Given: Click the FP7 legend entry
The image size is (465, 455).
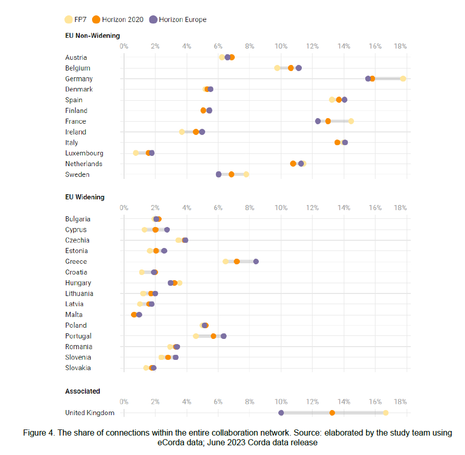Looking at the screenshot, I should pyautogui.click(x=75, y=19).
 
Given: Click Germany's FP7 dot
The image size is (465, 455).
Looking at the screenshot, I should pyautogui.click(x=403, y=78).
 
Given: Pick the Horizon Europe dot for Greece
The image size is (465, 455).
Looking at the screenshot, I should pyautogui.click(x=256, y=261).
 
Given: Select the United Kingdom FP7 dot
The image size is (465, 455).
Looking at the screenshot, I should pyautogui.click(x=385, y=413).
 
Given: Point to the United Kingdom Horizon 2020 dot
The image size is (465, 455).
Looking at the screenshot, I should pyautogui.click(x=332, y=413).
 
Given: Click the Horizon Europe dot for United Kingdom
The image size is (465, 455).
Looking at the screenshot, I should pyautogui.click(x=281, y=413).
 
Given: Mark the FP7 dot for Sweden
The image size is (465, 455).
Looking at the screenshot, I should pyautogui.click(x=246, y=174).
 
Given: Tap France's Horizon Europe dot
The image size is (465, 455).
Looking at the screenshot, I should pyautogui.click(x=318, y=121).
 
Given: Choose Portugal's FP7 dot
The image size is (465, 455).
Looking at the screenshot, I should pyautogui.click(x=196, y=336).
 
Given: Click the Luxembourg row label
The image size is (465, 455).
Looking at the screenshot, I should pyautogui.click(x=84, y=153).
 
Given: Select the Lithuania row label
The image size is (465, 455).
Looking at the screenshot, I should pyautogui.click(x=79, y=293).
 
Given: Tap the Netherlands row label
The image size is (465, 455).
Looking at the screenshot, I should pyautogui.click(x=84, y=164).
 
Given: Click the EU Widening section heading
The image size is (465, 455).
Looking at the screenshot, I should pyautogui.click(x=85, y=197).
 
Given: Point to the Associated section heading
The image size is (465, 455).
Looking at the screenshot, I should pyautogui.click(x=82, y=391).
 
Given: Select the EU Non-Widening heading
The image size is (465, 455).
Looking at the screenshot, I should pyautogui.click(x=93, y=36).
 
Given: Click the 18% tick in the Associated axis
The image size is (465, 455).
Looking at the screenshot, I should pyautogui.click(x=401, y=402).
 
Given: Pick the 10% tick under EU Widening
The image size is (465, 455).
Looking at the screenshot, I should pyautogui.click(x=281, y=208).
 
